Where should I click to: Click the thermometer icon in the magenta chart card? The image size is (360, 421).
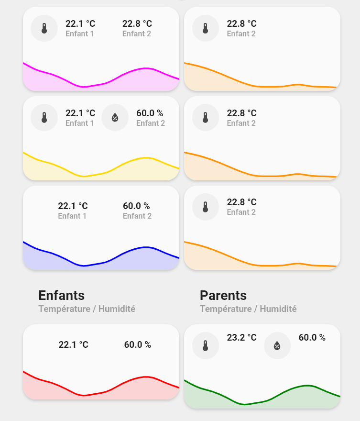click(44, 28)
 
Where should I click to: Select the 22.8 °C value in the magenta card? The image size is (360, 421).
click(137, 23)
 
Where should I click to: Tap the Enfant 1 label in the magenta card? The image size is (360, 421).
click(80, 34)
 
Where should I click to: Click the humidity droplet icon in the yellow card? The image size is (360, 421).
click(115, 117)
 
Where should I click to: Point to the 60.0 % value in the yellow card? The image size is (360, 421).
click(150, 113)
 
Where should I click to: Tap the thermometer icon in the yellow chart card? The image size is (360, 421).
click(44, 117)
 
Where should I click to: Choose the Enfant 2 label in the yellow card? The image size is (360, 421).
click(151, 123)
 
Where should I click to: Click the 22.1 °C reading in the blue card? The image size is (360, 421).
click(73, 206)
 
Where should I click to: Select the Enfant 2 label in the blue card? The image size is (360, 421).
click(137, 216)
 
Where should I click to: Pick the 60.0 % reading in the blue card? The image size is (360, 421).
click(136, 206)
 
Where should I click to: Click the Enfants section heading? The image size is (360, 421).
click(61, 295)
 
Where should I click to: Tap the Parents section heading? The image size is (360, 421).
click(223, 295)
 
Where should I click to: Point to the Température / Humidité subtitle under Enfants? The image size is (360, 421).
click(87, 309)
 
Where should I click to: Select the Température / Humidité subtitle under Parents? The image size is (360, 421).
click(248, 309)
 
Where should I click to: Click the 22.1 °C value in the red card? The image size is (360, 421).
click(74, 344)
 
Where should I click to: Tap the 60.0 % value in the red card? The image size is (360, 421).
click(138, 344)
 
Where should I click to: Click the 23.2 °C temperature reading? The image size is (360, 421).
click(241, 337)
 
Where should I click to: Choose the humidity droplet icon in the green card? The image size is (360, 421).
click(277, 345)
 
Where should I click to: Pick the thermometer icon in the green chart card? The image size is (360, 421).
click(206, 345)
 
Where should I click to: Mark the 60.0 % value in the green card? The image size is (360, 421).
click(312, 337)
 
